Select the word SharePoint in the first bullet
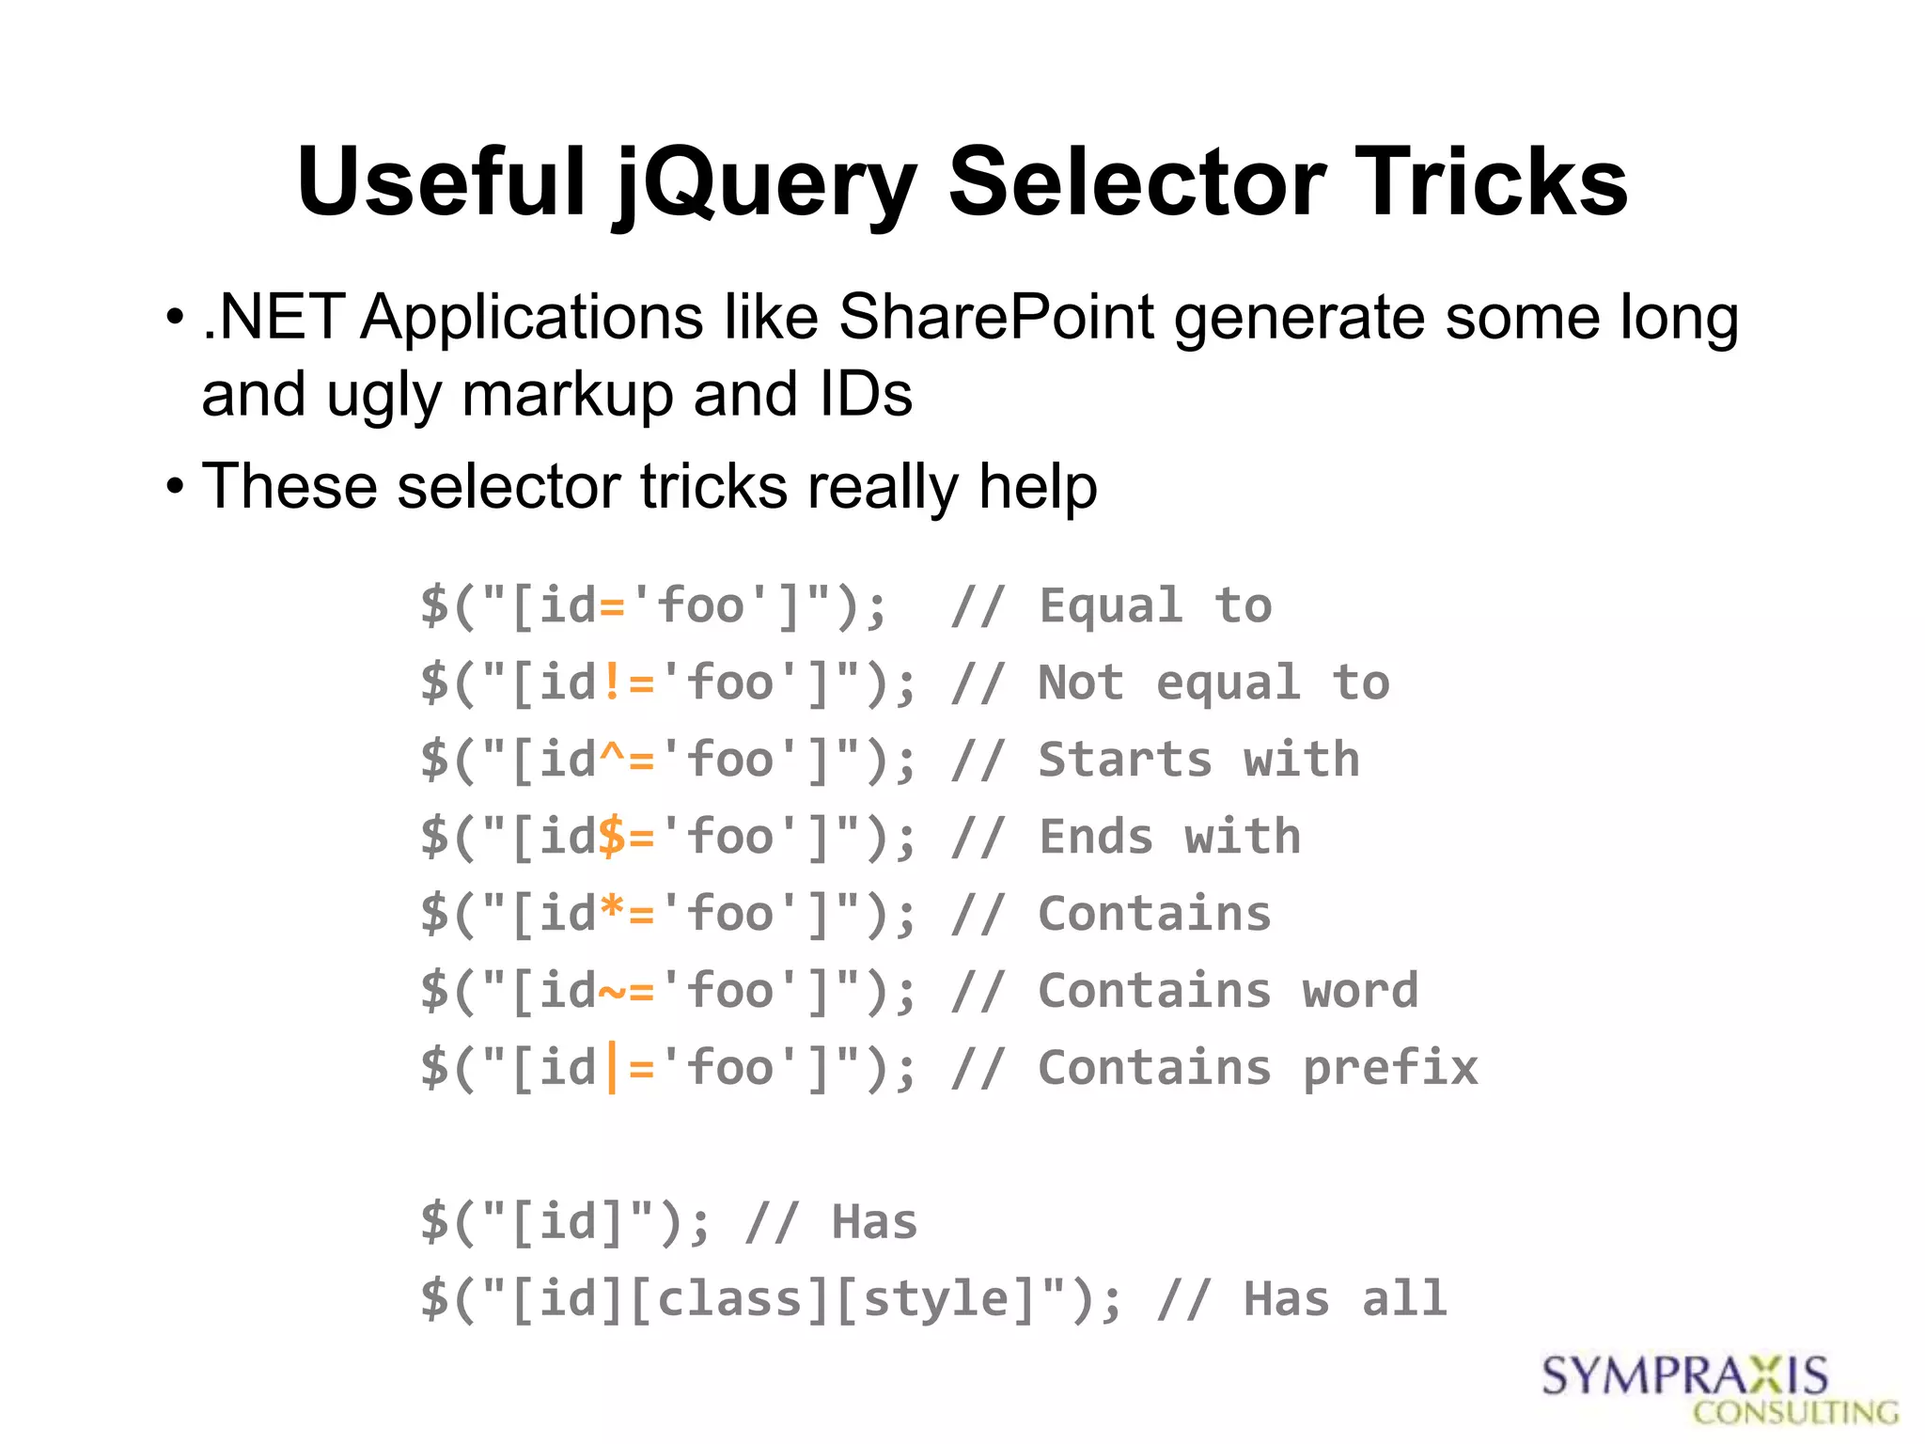click(x=995, y=317)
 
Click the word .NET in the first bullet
click(x=274, y=317)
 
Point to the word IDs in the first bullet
click(x=865, y=394)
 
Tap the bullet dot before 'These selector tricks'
click(x=175, y=487)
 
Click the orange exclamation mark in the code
click(x=612, y=683)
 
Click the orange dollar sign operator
click(x=612, y=837)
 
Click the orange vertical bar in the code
click(x=613, y=1069)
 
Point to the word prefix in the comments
click(x=1390, y=1069)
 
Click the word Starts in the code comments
click(x=1125, y=760)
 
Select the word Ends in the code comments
click(x=1096, y=837)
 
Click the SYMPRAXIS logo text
click(x=1684, y=1376)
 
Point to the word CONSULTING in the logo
click(x=1795, y=1413)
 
